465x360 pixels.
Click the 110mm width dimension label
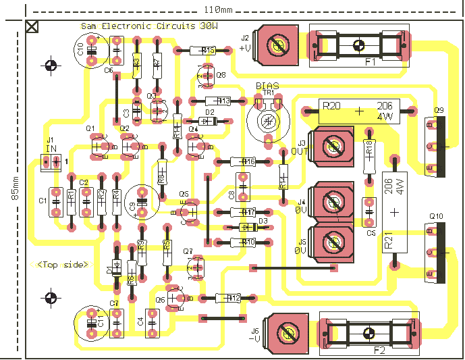point(217,9)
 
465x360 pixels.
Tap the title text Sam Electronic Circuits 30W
point(149,26)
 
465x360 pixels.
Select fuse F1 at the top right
point(358,46)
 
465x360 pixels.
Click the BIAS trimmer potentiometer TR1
point(268,120)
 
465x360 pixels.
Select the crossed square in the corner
point(32,27)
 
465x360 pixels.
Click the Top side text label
point(63,265)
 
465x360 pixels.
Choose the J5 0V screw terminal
point(332,240)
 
